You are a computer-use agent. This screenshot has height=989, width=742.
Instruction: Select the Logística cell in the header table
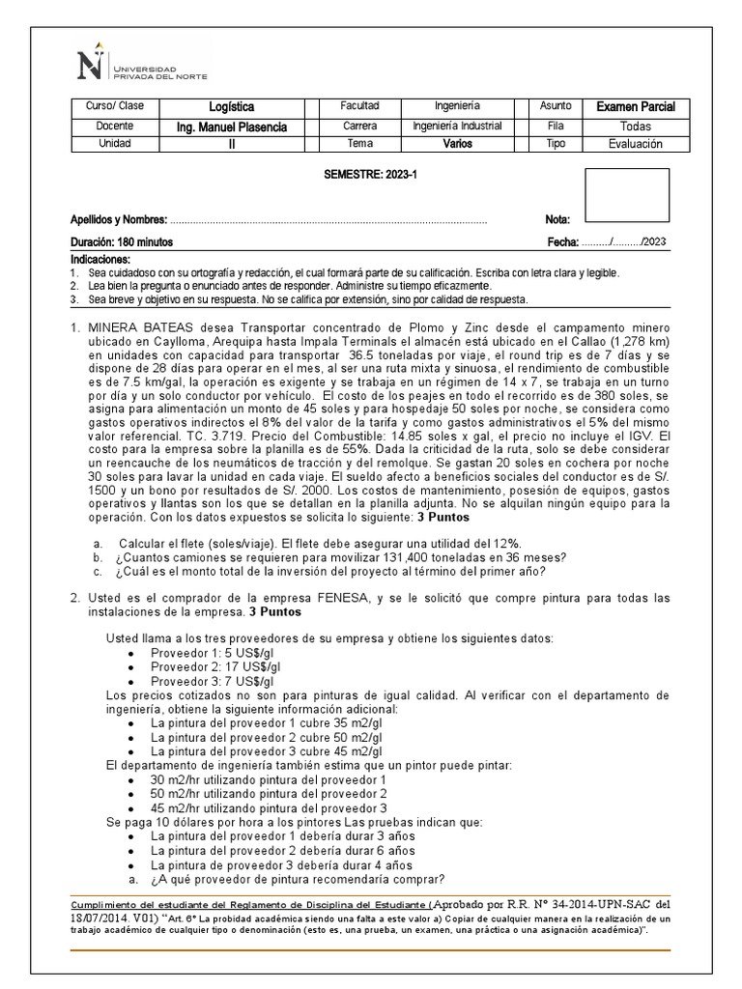231,107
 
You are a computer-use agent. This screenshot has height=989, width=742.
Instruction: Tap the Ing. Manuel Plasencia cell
231,127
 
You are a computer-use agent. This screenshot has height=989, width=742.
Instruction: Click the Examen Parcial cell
635,107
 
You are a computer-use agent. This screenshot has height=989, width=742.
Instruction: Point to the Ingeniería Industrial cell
457,127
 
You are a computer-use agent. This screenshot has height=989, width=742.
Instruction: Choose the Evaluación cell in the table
635,144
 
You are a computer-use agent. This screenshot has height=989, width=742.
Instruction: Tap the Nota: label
557,220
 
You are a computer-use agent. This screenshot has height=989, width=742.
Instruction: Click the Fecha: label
562,242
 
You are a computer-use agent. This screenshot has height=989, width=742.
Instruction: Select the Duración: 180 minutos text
122,242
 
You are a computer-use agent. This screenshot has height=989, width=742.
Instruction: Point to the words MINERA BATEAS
129,327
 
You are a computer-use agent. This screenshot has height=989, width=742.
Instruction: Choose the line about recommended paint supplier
297,879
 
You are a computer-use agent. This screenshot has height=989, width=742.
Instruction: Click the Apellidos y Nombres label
119,220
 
